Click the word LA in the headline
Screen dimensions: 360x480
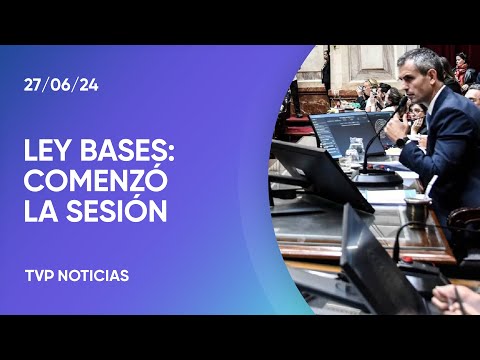(42, 212)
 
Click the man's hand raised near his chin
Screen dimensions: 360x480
(397, 128)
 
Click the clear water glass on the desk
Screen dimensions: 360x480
(354, 152)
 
